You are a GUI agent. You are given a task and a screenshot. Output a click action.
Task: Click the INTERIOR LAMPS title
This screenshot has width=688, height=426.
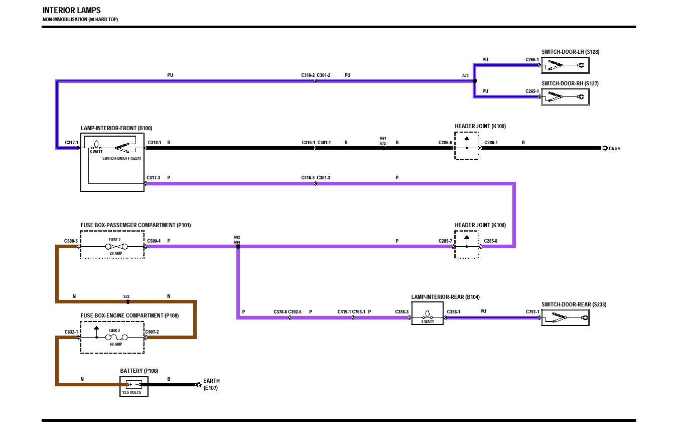(71, 11)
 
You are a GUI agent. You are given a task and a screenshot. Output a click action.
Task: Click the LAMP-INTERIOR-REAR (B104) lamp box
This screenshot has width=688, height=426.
(427, 317)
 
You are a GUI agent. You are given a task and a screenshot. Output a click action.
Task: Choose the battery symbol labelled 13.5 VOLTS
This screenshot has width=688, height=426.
(134, 385)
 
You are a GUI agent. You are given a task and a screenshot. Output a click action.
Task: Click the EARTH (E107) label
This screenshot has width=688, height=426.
(211, 384)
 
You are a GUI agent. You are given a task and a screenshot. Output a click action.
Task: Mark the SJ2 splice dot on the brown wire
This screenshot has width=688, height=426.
(128, 302)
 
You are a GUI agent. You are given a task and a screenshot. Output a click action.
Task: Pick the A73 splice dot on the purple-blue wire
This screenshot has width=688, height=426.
(475, 81)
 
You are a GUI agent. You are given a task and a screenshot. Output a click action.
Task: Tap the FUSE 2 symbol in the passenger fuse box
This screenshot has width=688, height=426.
(114, 246)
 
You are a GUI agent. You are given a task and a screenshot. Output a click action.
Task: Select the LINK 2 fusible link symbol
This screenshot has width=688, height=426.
(114, 338)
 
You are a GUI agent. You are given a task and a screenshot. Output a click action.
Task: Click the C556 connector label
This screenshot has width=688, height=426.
(615, 149)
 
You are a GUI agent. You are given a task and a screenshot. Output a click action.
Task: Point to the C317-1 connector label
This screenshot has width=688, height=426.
(72, 143)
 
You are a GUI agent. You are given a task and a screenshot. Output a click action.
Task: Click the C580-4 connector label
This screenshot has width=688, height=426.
(154, 241)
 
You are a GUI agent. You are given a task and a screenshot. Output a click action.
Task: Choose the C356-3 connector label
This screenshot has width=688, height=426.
(402, 312)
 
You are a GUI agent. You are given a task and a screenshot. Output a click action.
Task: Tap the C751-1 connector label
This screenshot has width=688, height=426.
(532, 312)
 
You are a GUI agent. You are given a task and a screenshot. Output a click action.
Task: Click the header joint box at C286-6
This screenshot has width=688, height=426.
(467, 146)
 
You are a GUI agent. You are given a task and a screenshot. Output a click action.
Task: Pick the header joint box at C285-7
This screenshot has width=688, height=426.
(467, 245)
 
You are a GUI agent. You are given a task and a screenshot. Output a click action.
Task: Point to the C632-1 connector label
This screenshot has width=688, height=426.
(71, 332)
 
